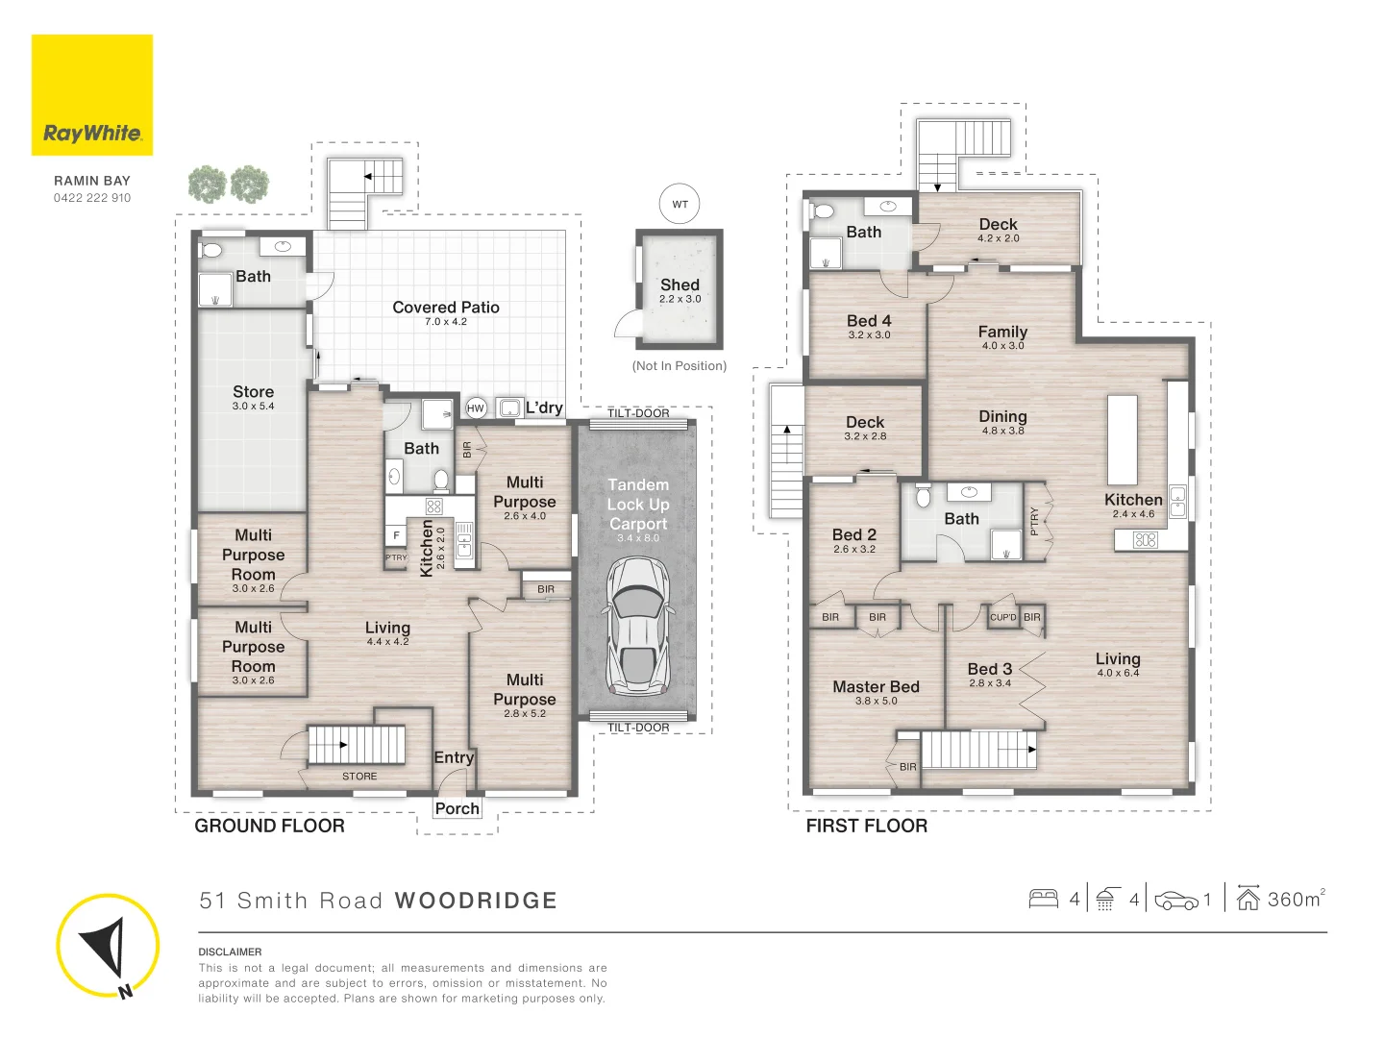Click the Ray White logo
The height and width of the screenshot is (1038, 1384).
[x=92, y=94]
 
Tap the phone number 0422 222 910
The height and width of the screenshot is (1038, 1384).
[x=92, y=198]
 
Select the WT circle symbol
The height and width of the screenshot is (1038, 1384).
[x=680, y=204]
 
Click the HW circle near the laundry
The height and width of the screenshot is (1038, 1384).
[x=476, y=408]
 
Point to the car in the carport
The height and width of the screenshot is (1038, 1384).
[x=638, y=627]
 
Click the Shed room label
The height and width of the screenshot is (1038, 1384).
[x=680, y=284]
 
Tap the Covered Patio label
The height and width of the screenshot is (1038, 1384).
[x=446, y=307]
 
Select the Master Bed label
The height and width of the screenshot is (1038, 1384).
[x=876, y=686]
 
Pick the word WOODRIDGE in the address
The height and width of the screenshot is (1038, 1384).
[x=476, y=901]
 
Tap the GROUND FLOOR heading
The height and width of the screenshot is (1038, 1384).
[x=269, y=826]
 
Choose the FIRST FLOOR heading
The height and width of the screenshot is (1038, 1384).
[x=866, y=826]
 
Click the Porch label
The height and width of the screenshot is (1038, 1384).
[x=457, y=808]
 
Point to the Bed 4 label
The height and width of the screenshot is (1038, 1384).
[x=869, y=321]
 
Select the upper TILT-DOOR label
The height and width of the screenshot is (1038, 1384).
[x=638, y=413]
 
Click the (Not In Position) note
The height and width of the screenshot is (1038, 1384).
[x=680, y=365]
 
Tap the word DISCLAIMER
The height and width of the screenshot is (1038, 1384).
[x=230, y=951]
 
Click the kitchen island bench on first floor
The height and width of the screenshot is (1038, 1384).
[x=1123, y=440]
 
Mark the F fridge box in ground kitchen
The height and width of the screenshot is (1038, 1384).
[x=396, y=535]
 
